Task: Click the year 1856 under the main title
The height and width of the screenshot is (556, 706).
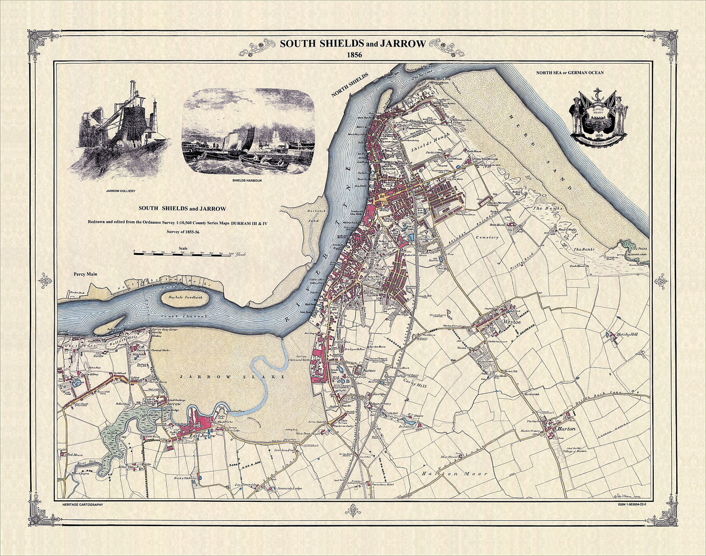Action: point(353,55)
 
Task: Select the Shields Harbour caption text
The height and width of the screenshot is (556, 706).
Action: point(248,181)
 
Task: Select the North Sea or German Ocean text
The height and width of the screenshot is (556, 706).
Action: point(570,73)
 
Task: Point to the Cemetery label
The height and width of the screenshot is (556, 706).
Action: point(486,237)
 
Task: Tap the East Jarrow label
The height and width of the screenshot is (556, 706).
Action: point(202,435)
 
